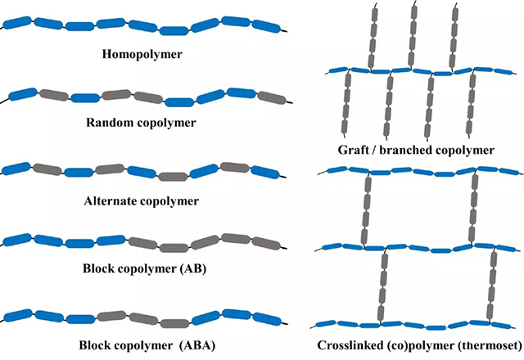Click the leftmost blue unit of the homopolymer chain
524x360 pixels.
(20, 18)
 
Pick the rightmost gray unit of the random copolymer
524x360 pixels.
(270, 99)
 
